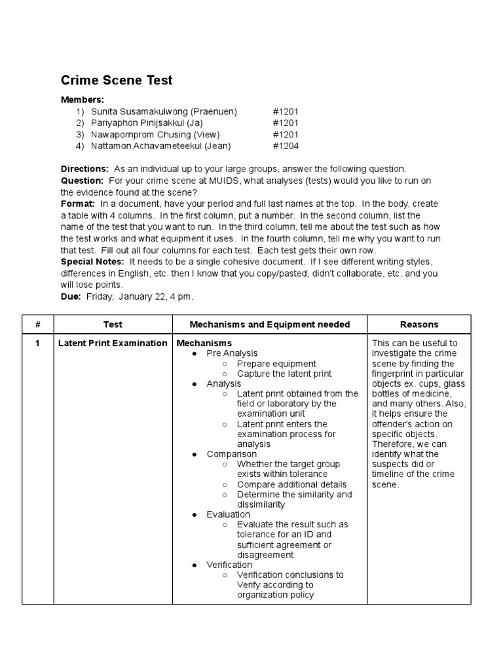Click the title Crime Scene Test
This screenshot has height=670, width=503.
[x=117, y=80]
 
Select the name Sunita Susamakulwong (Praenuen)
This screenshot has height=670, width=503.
[x=164, y=112]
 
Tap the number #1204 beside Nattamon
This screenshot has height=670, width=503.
[x=286, y=146]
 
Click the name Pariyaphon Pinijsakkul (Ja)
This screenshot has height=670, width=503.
[x=149, y=123]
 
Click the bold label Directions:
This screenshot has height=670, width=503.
[x=84, y=168]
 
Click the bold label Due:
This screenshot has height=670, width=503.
[x=71, y=296]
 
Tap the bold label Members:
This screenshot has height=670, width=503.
[x=82, y=99]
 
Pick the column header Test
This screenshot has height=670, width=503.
[x=113, y=325]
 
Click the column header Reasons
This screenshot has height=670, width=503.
[x=419, y=325]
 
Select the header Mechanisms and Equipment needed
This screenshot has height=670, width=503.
[x=269, y=325]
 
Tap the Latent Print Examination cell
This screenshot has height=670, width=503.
[x=113, y=344]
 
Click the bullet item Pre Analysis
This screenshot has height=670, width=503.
[x=233, y=353]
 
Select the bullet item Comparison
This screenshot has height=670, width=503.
[x=231, y=454]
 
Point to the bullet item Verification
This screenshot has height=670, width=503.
[x=229, y=565]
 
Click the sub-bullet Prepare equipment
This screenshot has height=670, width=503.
[x=276, y=364]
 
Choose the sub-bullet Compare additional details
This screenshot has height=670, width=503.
[x=291, y=485]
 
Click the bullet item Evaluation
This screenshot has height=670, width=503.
[x=228, y=514]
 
